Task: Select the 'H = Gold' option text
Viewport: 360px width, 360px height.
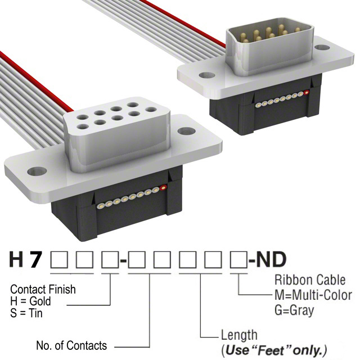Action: point(31,302)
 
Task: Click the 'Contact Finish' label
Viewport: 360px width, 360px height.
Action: point(43,290)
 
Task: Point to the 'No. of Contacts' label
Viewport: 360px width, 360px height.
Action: point(71,345)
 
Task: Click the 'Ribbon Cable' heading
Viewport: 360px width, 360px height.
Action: point(309,280)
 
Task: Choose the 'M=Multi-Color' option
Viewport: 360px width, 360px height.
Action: point(313,295)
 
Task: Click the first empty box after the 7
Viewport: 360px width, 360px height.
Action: point(59,260)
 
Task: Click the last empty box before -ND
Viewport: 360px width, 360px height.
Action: point(238,260)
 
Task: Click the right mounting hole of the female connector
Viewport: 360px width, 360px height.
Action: point(186,131)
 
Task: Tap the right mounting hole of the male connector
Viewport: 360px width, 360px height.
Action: point(322,47)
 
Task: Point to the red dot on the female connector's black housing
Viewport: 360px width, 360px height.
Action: point(163,188)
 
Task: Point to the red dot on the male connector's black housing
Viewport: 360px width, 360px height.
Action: point(307,92)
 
